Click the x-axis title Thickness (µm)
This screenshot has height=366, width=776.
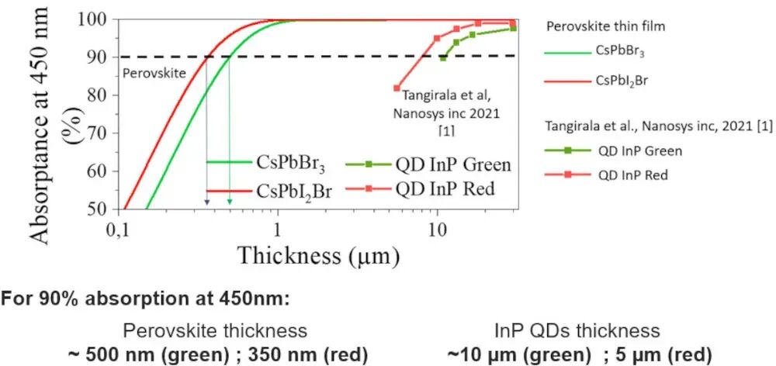click(x=318, y=254)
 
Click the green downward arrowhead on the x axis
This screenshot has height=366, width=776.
click(x=229, y=203)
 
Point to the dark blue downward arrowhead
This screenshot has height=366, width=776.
click(x=206, y=203)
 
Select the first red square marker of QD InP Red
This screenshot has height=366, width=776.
click(x=397, y=88)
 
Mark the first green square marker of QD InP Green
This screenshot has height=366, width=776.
click(x=443, y=57)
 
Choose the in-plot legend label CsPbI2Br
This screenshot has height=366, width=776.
click(x=293, y=191)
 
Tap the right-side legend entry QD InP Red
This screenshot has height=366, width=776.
click(x=632, y=175)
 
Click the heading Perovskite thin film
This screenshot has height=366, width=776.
click(x=606, y=26)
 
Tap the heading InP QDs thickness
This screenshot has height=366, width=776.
click(x=575, y=331)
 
